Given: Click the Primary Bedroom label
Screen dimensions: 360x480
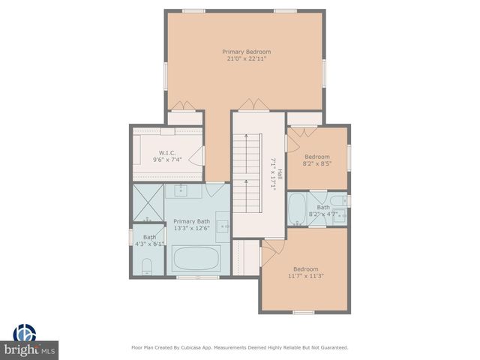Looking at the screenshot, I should coord(246,52).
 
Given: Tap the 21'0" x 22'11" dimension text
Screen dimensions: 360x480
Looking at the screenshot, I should coord(246,59).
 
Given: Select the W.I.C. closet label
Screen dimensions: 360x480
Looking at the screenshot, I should coord(166,152).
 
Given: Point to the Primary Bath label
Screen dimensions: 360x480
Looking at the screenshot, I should coord(192,221).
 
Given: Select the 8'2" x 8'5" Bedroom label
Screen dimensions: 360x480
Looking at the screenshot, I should coord(316,157).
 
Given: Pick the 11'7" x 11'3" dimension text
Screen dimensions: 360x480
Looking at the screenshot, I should coord(306,276).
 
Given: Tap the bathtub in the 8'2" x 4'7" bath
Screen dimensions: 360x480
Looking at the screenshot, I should coord(298,208).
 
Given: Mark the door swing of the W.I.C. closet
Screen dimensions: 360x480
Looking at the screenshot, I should coord(197,155).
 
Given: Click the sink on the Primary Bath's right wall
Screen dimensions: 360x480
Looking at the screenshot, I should coord(223,225).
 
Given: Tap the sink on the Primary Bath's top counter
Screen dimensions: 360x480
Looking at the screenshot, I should coord(182,190).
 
